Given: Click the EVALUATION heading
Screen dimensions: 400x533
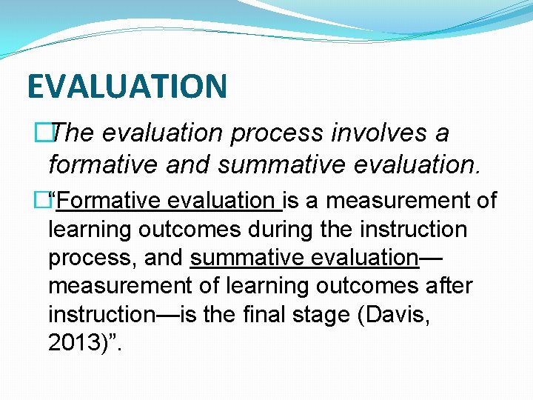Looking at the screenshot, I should tap(127, 86).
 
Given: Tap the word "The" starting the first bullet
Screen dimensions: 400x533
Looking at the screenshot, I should tap(74, 133).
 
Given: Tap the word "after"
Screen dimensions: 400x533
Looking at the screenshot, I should tap(446, 286).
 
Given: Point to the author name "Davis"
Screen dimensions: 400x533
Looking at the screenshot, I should tap(404, 315).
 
